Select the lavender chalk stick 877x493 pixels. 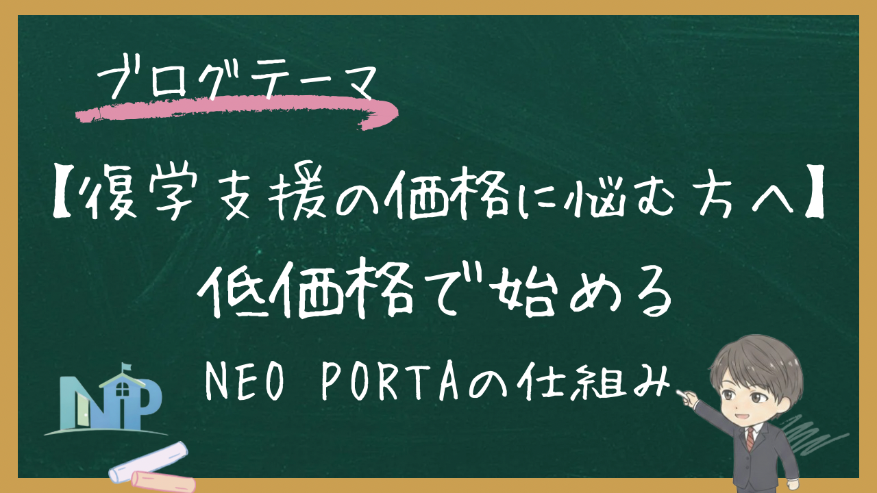[147, 460]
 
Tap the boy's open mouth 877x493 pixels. [739, 413]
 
